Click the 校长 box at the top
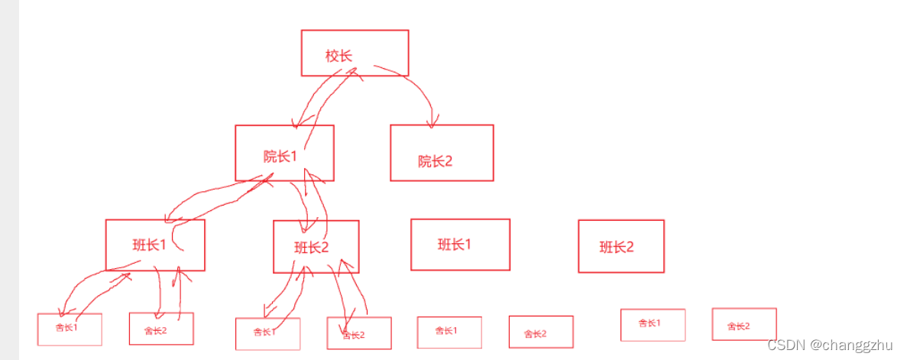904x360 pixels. pyautogui.click(x=355, y=53)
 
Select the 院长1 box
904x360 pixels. pyautogui.click(x=284, y=153)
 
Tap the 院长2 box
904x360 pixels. pyautogui.click(x=442, y=153)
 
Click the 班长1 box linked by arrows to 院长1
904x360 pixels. pyautogui.click(x=155, y=245)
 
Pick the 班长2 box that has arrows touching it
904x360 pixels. pyautogui.click(x=316, y=246)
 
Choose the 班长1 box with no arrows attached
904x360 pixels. pyautogui.click(x=460, y=245)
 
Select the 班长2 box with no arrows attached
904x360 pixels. pyautogui.click(x=620, y=246)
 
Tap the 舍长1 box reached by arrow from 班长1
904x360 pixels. pyautogui.click(x=70, y=329)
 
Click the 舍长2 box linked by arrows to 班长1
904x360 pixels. pyautogui.click(x=160, y=329)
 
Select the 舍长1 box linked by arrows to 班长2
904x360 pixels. pyautogui.click(x=267, y=333)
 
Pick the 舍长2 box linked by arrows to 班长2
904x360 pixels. pyautogui.click(x=358, y=333)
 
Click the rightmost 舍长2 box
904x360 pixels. pyautogui.click(x=744, y=324)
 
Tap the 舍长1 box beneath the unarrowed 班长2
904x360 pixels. pyautogui.click(x=652, y=324)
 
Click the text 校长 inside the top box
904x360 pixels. pyautogui.click(x=338, y=55)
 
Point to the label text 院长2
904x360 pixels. pyautogui.click(x=436, y=161)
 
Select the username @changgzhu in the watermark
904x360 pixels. pyautogui.click(x=851, y=345)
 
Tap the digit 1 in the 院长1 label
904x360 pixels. pyautogui.click(x=292, y=157)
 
